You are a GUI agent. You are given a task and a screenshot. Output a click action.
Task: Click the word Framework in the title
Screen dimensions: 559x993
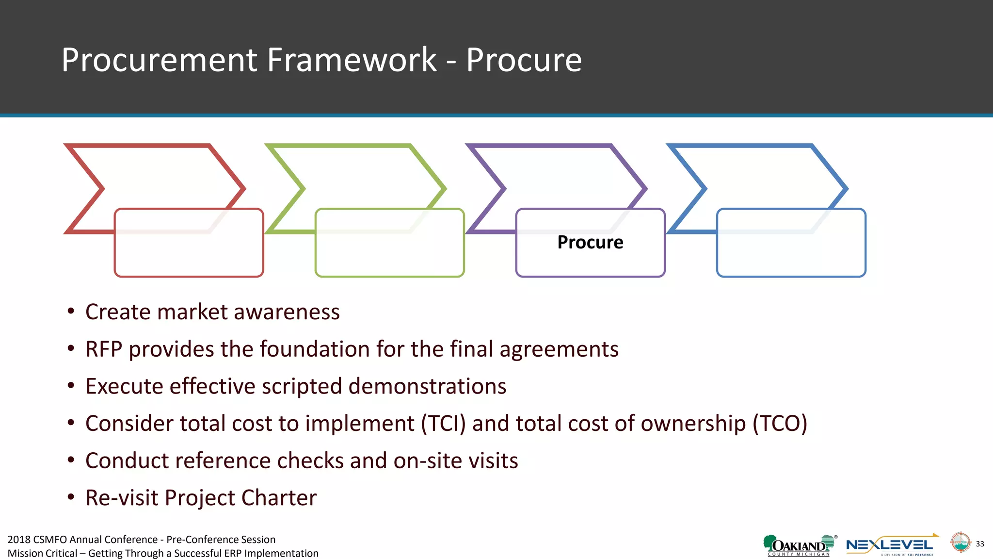click(x=352, y=60)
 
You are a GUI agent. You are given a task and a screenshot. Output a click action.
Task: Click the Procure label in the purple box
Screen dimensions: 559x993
click(x=590, y=242)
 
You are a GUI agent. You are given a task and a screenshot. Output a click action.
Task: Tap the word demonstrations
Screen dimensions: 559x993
click(x=427, y=387)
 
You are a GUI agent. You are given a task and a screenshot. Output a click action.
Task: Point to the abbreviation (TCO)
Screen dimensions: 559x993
click(x=780, y=424)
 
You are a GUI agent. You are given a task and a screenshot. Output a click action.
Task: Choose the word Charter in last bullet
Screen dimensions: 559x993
click(x=279, y=498)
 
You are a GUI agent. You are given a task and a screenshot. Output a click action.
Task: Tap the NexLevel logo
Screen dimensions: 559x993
click(x=890, y=545)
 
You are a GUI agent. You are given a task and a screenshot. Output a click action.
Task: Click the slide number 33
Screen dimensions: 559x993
click(x=980, y=544)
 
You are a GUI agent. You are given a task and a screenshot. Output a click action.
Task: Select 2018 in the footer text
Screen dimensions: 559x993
click(x=19, y=540)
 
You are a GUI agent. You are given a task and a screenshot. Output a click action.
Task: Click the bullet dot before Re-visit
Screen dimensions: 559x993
click(x=71, y=497)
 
